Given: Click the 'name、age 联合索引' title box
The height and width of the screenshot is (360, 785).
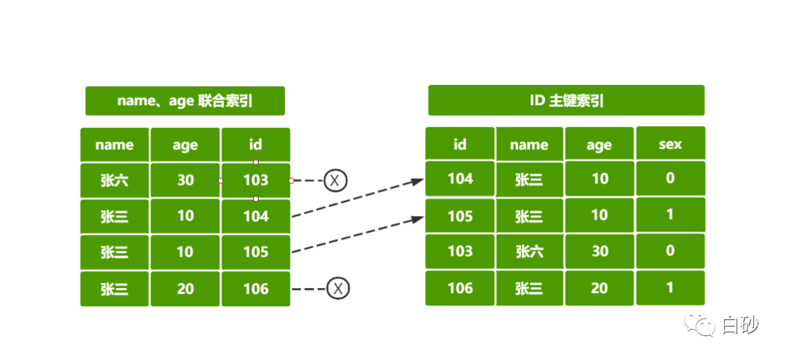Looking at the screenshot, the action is pyautogui.click(x=185, y=100).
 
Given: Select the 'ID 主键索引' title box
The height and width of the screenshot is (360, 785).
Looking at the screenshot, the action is pyautogui.click(x=566, y=100).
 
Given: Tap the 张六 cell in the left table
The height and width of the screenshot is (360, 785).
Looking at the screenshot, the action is pyautogui.click(x=115, y=180).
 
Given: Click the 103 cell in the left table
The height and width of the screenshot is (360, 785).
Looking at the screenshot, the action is pyautogui.click(x=256, y=180).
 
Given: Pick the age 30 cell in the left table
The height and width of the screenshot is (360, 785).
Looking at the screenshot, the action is pyautogui.click(x=185, y=180).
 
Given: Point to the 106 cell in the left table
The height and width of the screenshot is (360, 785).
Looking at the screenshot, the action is pyautogui.click(x=256, y=289).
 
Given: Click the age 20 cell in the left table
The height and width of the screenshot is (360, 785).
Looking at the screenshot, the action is pyautogui.click(x=185, y=289).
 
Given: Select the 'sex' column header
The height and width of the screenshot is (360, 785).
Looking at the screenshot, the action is pyautogui.click(x=670, y=144).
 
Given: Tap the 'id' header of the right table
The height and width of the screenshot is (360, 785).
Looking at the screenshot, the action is pyautogui.click(x=460, y=144).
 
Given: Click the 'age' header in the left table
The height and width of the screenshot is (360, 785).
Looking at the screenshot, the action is pyautogui.click(x=185, y=145).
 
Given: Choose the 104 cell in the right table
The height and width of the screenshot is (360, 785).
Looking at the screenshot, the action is pyautogui.click(x=460, y=178).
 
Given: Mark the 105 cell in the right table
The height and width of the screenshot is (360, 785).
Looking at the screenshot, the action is pyautogui.click(x=460, y=215).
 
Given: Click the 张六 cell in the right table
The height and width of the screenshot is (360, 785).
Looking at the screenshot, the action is pyautogui.click(x=529, y=252).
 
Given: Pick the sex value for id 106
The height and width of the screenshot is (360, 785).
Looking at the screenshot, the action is pyautogui.click(x=670, y=287).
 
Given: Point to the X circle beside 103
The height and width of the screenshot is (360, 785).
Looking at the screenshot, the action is pyautogui.click(x=335, y=180).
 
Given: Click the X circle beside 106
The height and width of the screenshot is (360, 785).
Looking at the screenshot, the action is pyautogui.click(x=339, y=289).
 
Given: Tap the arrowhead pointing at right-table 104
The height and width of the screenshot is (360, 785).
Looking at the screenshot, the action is pyautogui.click(x=419, y=182).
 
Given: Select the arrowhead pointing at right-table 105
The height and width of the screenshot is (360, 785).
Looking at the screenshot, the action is pyautogui.click(x=419, y=218).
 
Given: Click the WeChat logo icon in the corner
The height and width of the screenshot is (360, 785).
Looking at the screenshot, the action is pyautogui.click(x=700, y=323).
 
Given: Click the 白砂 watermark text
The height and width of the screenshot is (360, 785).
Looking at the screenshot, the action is pyautogui.click(x=740, y=325).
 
